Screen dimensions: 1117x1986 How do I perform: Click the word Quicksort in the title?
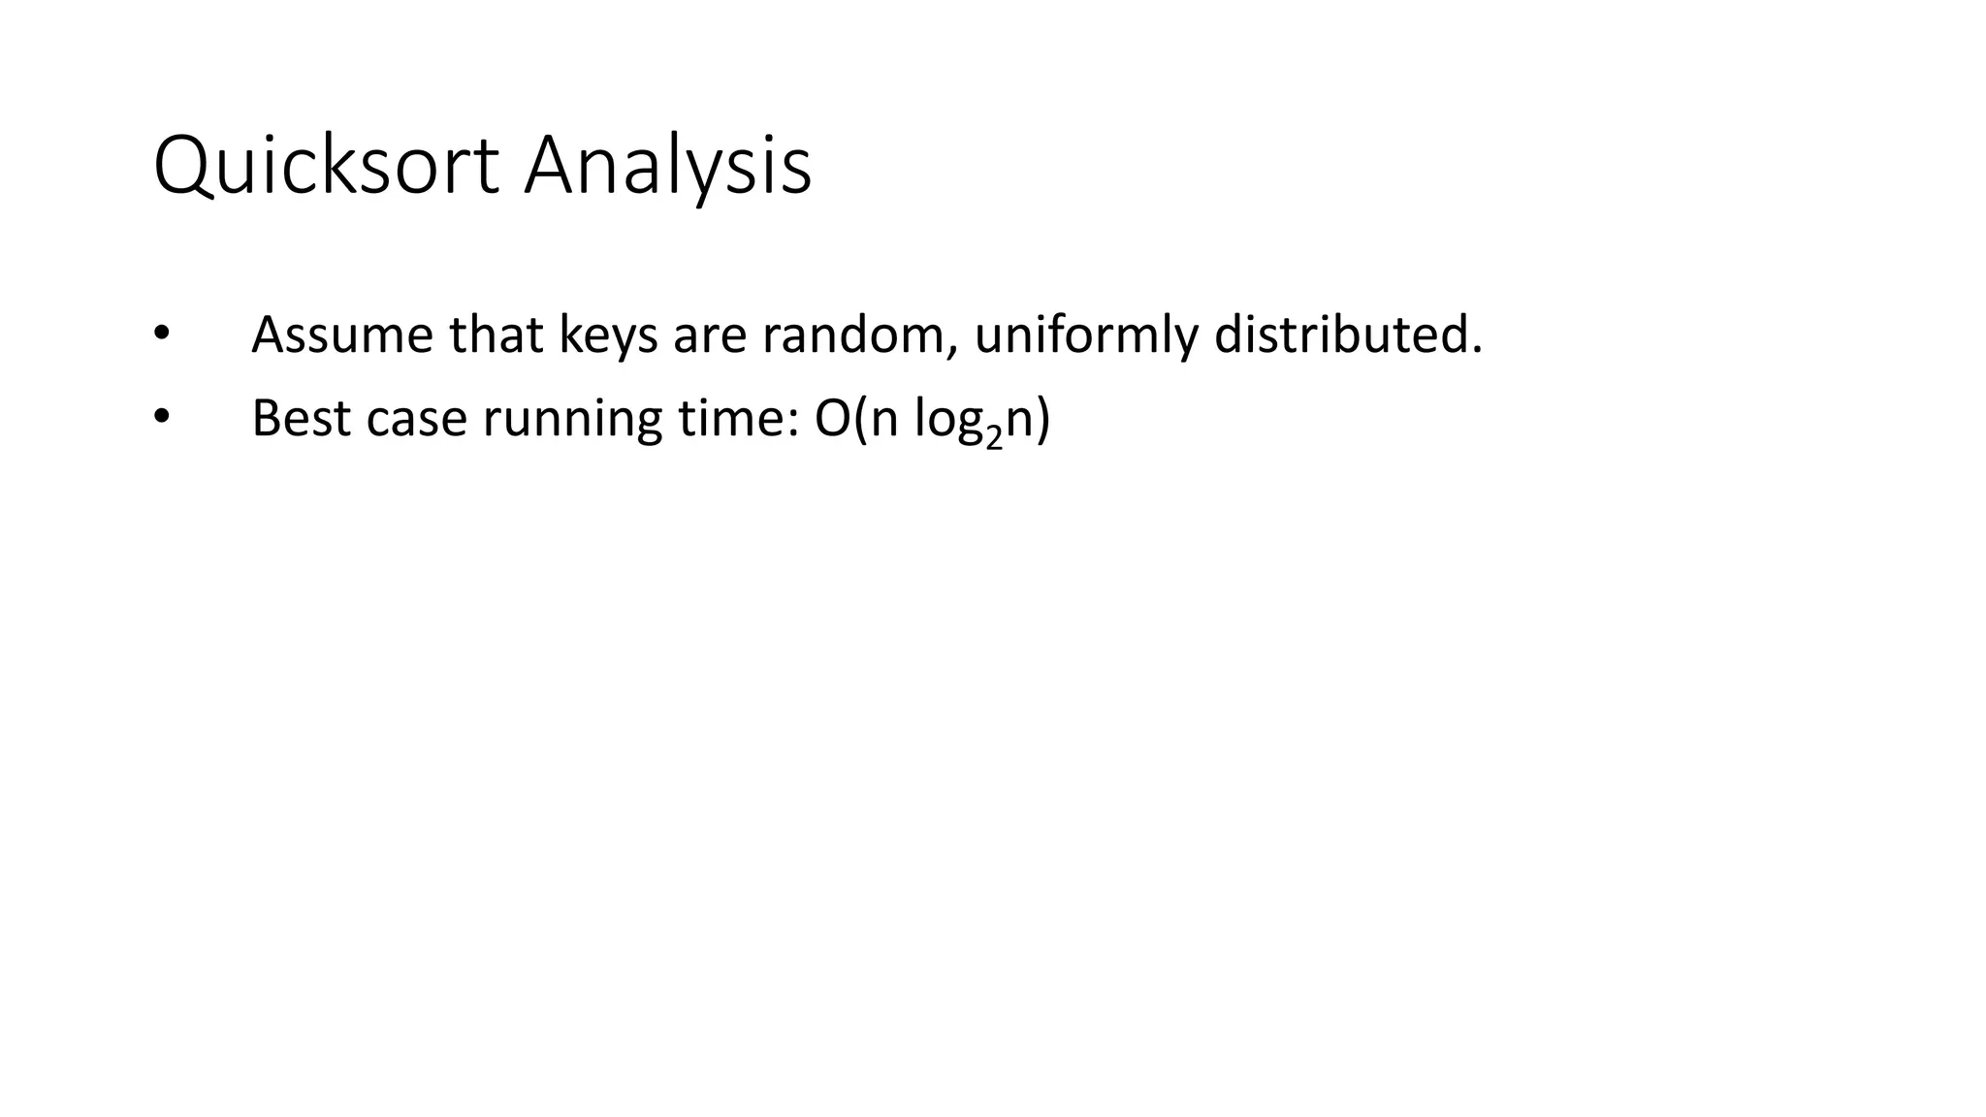coord(327,166)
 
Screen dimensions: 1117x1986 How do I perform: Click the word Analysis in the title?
coord(667,166)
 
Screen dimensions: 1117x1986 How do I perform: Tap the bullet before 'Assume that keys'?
coord(161,334)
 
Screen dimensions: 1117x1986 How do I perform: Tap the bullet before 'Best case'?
coord(161,417)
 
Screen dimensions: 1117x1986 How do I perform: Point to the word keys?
coord(608,336)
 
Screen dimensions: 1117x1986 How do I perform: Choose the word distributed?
coord(1346,335)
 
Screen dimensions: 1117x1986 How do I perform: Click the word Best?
coord(301,418)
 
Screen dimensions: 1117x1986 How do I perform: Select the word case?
coord(417,420)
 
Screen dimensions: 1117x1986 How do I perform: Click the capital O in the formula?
coord(833,418)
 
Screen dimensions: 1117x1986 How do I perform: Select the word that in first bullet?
coord(496,335)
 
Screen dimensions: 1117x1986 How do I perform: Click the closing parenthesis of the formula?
coord(1041,420)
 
